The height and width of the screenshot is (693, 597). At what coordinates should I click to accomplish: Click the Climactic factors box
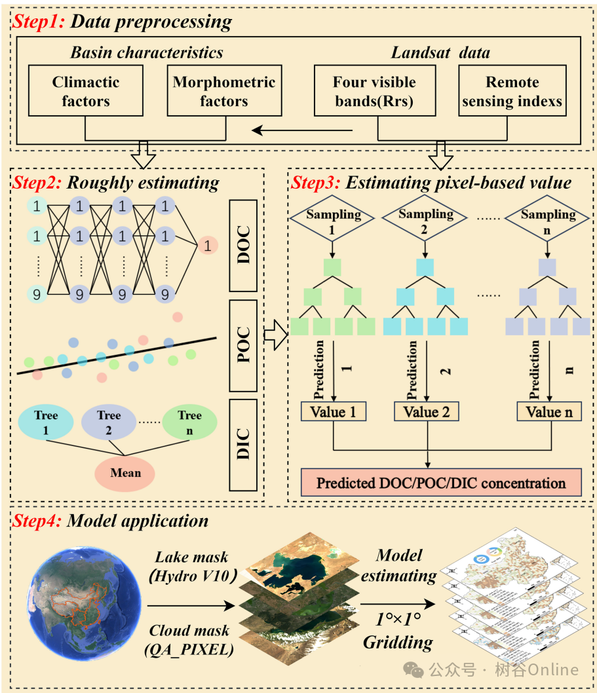(x=86, y=92)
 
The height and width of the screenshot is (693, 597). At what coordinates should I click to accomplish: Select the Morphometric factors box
(x=224, y=92)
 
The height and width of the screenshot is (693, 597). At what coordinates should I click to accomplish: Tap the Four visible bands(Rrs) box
(x=374, y=92)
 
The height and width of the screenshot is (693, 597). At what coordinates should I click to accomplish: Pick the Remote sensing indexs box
(x=512, y=92)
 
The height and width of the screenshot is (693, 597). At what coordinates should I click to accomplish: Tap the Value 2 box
(x=427, y=412)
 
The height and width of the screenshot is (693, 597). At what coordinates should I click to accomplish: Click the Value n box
(x=549, y=412)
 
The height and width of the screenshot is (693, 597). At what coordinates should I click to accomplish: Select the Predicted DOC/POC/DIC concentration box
(x=441, y=483)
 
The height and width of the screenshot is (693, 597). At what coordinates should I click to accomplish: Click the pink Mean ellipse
(x=126, y=472)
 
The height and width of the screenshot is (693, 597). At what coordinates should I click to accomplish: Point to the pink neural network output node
(x=207, y=246)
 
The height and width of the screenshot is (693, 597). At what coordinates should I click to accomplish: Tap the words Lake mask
(x=191, y=557)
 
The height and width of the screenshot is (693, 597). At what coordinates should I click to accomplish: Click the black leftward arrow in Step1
(x=302, y=130)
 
